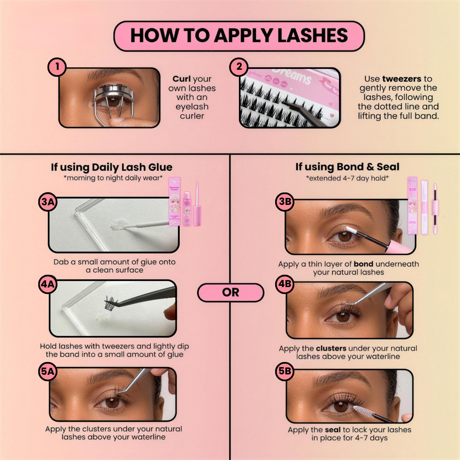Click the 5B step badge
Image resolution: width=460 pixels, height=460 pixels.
tap(285, 372)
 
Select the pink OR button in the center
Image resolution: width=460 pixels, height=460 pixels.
tap(230, 293)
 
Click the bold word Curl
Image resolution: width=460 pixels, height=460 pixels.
tap(181, 79)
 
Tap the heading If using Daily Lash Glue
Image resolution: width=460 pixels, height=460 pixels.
tap(112, 167)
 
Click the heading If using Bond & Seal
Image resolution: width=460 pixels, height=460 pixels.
tap(348, 167)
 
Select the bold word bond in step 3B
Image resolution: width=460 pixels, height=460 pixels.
tap(363, 264)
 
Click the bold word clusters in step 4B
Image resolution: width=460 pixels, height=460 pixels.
tap(333, 348)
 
